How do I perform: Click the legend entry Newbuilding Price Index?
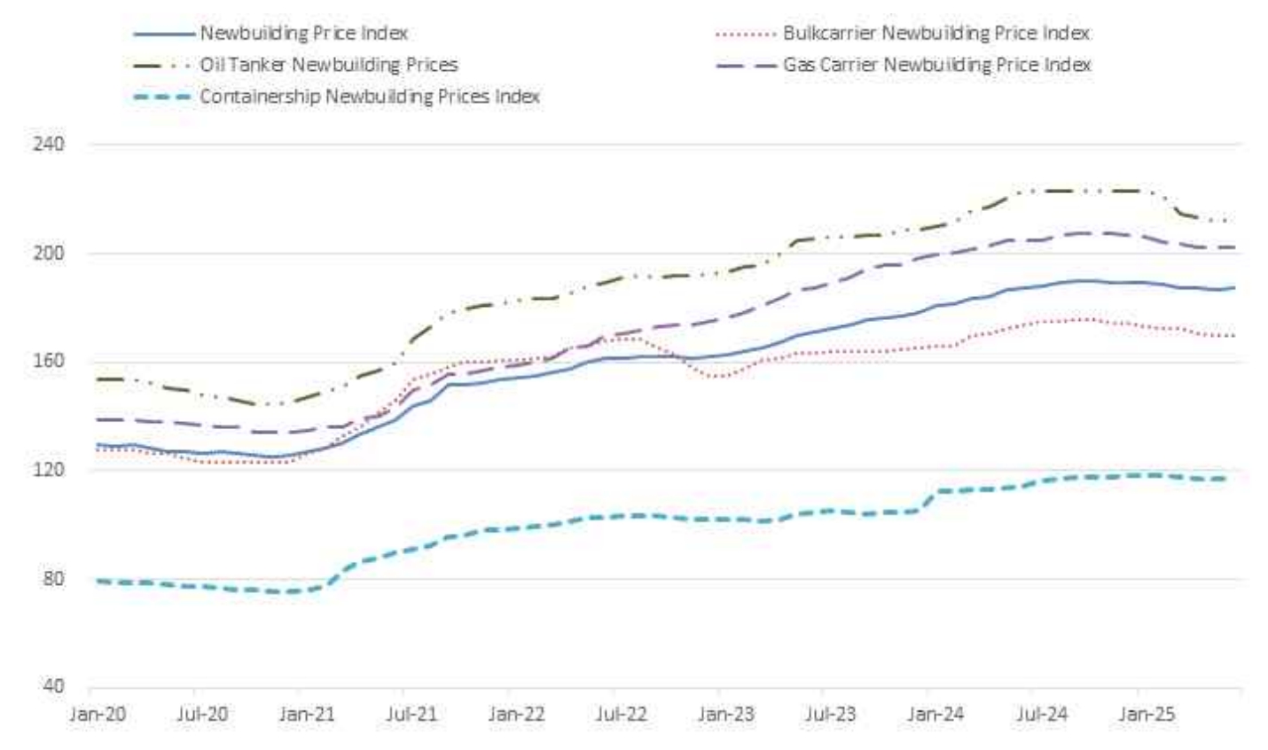(x=303, y=34)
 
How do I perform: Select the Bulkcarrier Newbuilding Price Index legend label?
(x=935, y=34)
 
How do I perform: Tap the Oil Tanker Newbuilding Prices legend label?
(x=328, y=65)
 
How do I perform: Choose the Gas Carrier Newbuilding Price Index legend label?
(x=936, y=65)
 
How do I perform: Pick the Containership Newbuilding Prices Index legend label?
(x=369, y=96)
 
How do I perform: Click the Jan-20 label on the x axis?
(x=98, y=714)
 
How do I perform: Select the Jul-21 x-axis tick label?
(x=411, y=714)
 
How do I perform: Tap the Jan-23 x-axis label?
(x=726, y=714)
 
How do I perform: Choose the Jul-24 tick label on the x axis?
(x=1041, y=714)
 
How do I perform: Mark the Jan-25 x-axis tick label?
(x=1147, y=714)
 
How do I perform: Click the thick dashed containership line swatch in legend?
(x=162, y=97)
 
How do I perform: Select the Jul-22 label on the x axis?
(x=621, y=714)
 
